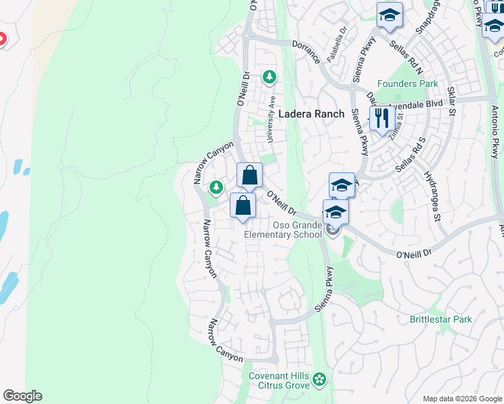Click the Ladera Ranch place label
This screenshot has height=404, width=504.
(x=311, y=114)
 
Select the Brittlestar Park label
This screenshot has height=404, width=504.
(x=441, y=319)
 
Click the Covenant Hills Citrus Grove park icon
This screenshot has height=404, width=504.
(x=319, y=381)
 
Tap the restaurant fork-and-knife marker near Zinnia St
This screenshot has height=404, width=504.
(x=382, y=119)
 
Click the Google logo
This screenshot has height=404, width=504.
(x=22, y=396)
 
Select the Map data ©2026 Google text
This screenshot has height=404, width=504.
(x=462, y=399)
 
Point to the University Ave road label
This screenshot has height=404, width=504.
(x=272, y=119)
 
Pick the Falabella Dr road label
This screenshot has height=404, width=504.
(x=336, y=44)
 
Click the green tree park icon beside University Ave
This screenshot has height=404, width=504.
(x=270, y=77)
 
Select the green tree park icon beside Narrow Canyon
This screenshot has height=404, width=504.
(x=216, y=187)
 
